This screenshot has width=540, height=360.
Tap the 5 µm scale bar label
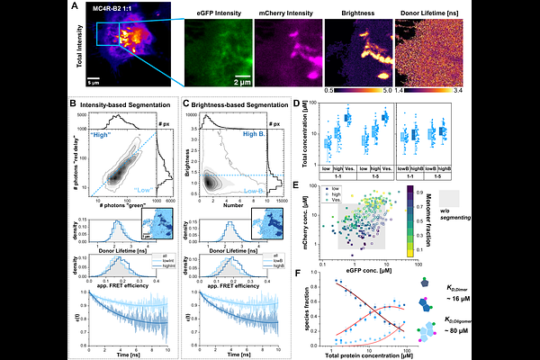[x=94, y=82]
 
